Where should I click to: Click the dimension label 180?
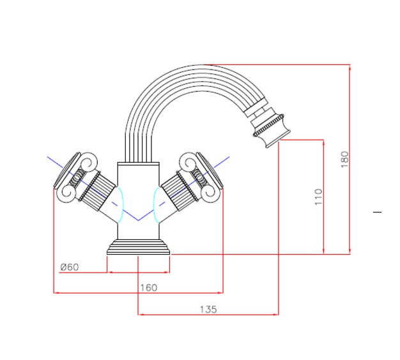[344, 159]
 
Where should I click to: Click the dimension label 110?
[318, 197]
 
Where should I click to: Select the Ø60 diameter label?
[70, 267]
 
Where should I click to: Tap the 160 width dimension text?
[149, 288]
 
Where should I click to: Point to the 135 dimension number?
[208, 310]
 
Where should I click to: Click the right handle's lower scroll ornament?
[211, 193]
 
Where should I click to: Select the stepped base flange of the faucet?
[138, 247]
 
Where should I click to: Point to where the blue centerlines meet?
[138, 220]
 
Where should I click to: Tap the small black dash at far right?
[377, 212]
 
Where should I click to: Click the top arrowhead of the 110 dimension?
[323, 143]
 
